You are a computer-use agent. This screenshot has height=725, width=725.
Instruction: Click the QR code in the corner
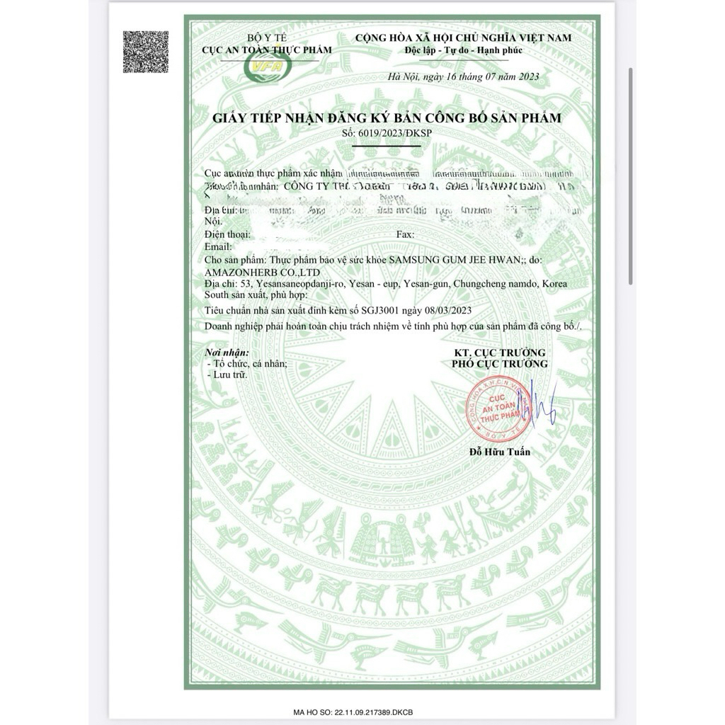146,52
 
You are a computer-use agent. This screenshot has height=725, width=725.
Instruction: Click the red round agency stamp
496,411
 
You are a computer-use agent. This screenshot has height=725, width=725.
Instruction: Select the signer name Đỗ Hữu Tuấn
499,452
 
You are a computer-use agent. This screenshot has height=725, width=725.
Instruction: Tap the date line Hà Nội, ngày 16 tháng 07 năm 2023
464,77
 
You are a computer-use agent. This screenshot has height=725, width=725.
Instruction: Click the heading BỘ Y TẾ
263,38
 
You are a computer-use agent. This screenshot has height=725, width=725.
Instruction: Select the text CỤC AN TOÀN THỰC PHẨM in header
262,50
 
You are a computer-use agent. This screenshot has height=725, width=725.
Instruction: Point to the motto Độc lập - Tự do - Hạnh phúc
463,50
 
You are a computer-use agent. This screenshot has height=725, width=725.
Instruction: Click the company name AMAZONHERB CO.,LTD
261,272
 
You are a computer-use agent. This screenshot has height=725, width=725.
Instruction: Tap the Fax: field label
406,234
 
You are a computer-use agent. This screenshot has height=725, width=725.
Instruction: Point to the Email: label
218,246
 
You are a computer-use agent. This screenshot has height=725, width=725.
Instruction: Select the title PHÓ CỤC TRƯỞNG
500,364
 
